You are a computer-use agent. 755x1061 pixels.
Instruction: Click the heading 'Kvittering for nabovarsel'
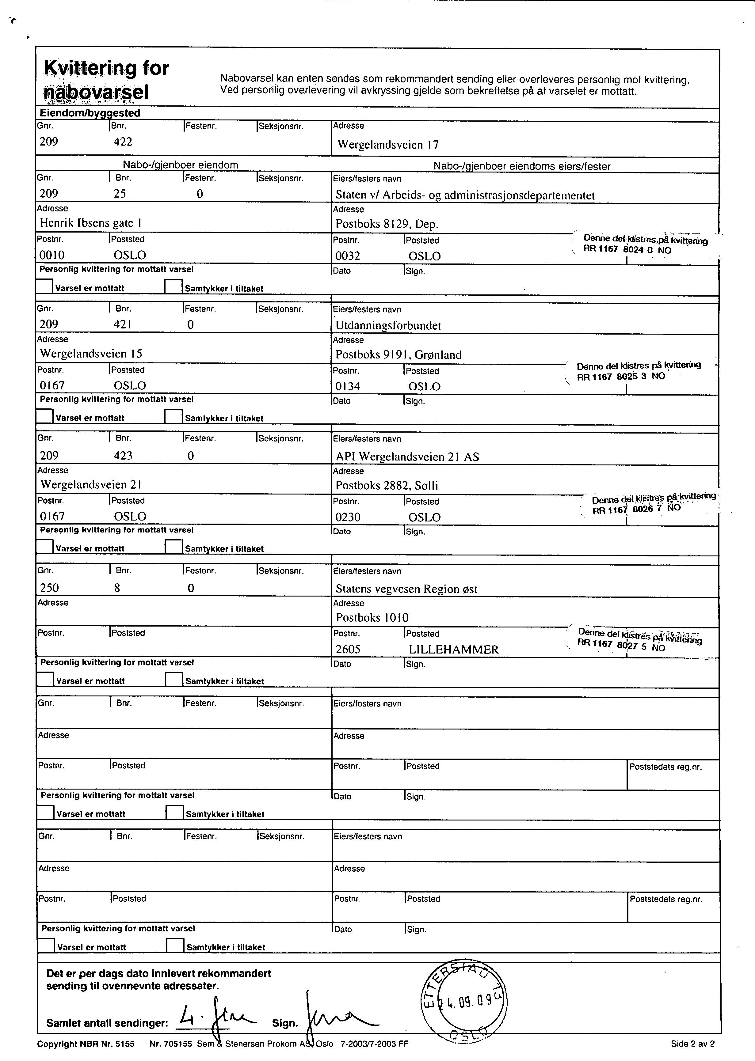pyautogui.click(x=106, y=80)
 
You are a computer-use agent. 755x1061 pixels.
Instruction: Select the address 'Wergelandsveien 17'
pyautogui.click(x=388, y=145)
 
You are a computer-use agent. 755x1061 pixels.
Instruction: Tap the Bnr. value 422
pyautogui.click(x=123, y=142)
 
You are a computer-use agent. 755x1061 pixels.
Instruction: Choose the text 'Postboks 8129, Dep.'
pyautogui.click(x=387, y=224)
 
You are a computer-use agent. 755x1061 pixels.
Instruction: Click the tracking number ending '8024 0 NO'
pyautogui.click(x=627, y=249)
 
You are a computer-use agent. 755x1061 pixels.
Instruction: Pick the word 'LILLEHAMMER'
pyautogui.click(x=453, y=650)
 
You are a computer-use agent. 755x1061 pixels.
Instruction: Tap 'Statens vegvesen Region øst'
pyautogui.click(x=406, y=589)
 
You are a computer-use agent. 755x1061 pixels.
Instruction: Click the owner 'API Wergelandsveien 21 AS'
pyautogui.click(x=407, y=457)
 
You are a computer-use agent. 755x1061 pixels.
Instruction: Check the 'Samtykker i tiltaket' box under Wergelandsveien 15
pyautogui.click(x=173, y=416)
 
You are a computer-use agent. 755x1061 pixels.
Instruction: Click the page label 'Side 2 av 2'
pyautogui.click(x=692, y=1044)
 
